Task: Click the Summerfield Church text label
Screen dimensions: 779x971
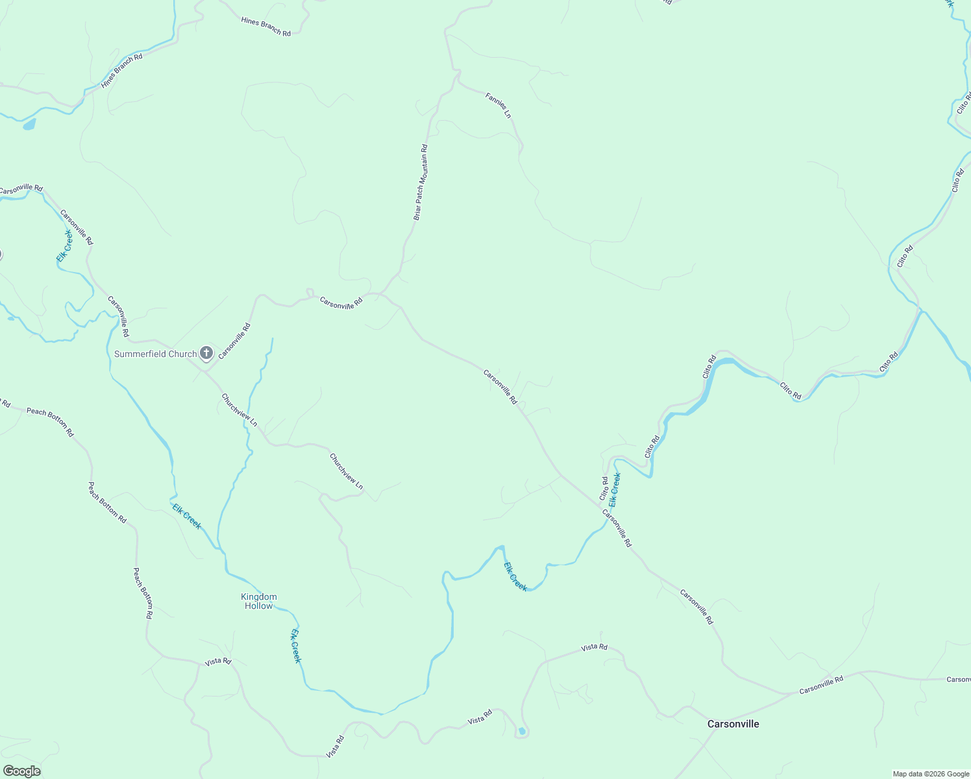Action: click(155, 354)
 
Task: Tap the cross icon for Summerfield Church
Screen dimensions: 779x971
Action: click(206, 353)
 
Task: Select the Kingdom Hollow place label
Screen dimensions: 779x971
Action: click(259, 601)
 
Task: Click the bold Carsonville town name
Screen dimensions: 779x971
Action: click(733, 724)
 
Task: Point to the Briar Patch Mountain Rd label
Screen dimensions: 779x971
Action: click(421, 182)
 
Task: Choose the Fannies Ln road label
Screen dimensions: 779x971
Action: click(498, 105)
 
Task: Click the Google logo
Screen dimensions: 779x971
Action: click(21, 771)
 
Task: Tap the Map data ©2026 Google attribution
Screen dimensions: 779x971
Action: click(931, 774)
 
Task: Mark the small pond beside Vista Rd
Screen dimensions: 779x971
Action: click(522, 732)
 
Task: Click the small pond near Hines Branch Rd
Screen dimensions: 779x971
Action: click(29, 124)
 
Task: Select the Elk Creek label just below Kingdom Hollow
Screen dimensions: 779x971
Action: click(296, 645)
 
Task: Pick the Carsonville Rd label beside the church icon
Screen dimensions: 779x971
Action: click(234, 341)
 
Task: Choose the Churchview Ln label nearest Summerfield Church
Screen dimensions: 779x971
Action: click(239, 410)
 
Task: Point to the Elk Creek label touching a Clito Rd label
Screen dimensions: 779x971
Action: click(615, 489)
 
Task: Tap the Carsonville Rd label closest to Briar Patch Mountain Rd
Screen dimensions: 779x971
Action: click(341, 302)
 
